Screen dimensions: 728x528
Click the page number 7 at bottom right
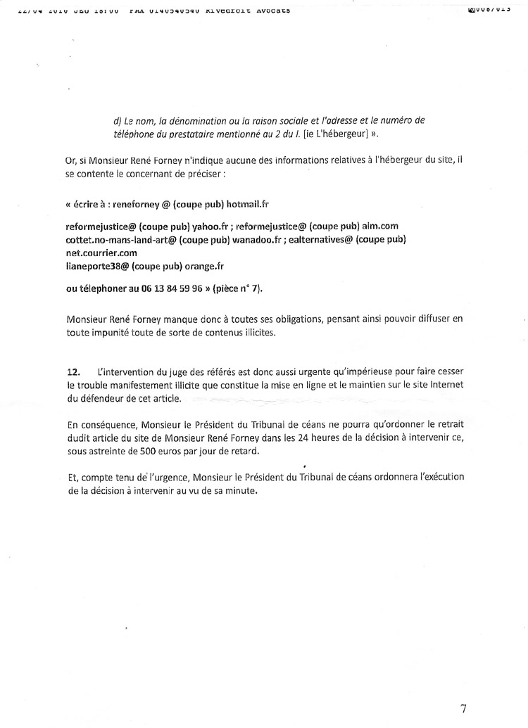[463, 708]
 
